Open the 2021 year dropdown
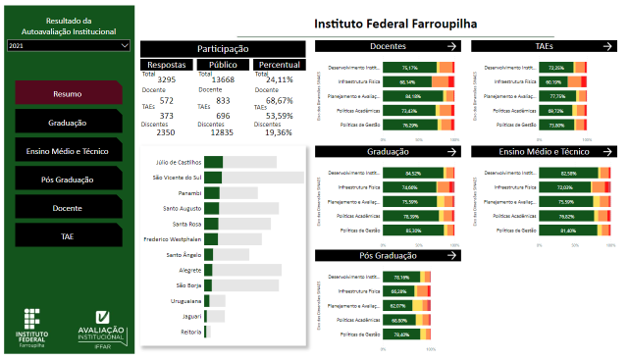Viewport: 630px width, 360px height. coord(68,45)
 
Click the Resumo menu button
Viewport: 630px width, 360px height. coord(68,94)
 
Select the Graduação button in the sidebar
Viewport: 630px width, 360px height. coord(68,123)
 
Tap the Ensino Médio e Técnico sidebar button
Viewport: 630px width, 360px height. coord(68,151)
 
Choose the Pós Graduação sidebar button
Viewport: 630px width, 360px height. coord(68,180)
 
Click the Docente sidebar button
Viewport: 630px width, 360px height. coord(68,208)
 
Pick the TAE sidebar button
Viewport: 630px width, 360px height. coord(68,236)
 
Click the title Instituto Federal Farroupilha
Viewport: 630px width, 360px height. coord(395,23)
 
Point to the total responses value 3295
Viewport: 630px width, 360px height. coord(166,79)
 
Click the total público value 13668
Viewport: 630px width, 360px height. coord(223,79)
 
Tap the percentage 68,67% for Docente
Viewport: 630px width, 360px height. coord(279,101)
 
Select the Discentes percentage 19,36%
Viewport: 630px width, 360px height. coord(279,131)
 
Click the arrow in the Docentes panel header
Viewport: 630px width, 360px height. coord(451,46)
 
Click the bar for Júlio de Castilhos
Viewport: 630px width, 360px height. coord(214,162)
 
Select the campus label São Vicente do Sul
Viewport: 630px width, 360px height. coord(177,178)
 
